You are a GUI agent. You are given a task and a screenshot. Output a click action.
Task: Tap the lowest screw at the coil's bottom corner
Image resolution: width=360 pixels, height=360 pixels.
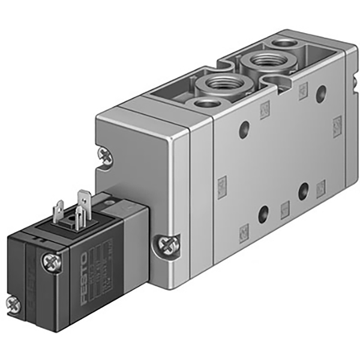[13, 304]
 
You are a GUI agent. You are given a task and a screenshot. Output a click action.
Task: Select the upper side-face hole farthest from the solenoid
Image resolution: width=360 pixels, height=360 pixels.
[321, 92]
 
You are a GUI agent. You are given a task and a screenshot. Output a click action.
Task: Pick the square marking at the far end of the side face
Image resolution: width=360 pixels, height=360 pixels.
[337, 126]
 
